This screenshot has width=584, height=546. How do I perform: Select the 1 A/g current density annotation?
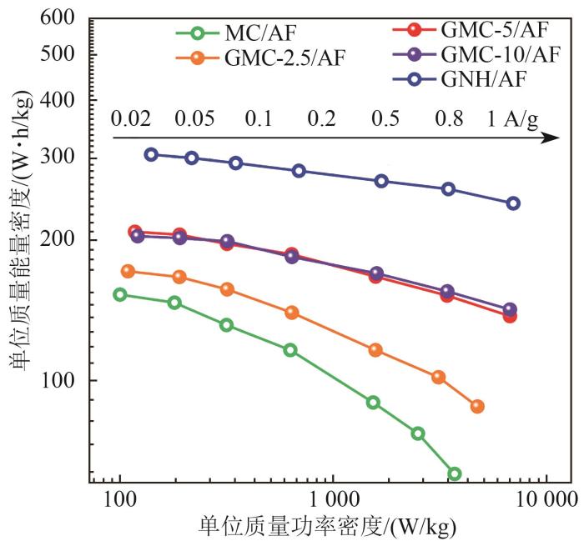512,119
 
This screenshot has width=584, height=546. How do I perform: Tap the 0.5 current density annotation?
385,119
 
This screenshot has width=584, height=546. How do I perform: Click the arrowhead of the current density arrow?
551,137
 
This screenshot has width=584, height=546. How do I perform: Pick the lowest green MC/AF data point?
454,473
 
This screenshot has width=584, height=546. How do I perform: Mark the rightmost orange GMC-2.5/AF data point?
477,406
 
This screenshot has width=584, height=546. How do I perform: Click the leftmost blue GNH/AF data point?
151,154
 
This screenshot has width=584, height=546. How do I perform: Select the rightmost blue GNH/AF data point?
513,203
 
